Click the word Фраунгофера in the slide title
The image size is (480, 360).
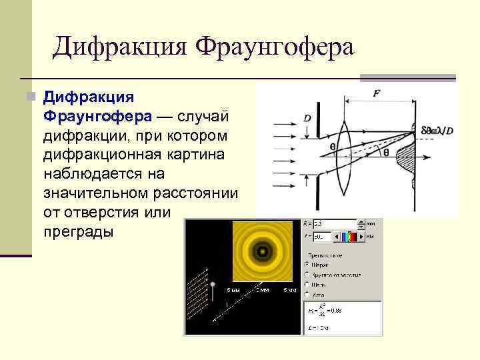click(275, 48)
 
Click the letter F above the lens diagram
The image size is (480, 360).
click(377, 94)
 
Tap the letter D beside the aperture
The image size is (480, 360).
click(307, 118)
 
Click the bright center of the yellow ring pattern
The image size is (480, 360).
click(263, 253)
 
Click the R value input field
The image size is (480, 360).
click(333, 225)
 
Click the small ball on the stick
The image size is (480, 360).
click(213, 285)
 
